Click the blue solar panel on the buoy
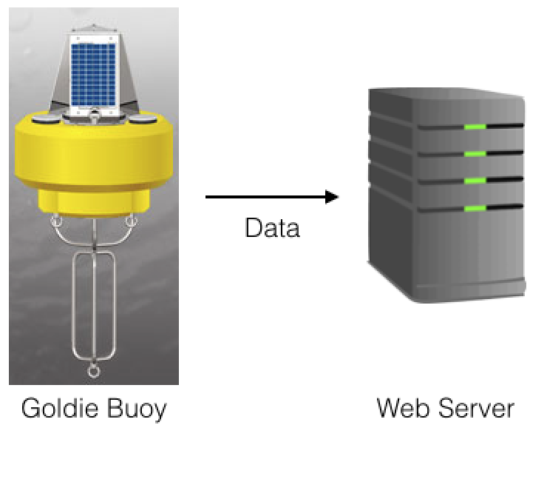coord(93,74)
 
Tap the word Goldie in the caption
coord(60,408)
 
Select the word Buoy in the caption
coord(137,409)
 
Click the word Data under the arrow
coord(273,227)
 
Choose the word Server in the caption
coord(476,408)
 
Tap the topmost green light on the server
coord(475,127)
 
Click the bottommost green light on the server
coord(475,209)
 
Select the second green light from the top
coord(475,154)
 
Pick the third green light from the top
coord(475,181)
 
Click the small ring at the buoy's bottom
coord(93,376)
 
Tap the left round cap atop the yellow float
coord(46,120)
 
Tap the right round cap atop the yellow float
coord(143,120)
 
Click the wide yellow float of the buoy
coord(93,154)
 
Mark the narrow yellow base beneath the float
coord(93,204)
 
